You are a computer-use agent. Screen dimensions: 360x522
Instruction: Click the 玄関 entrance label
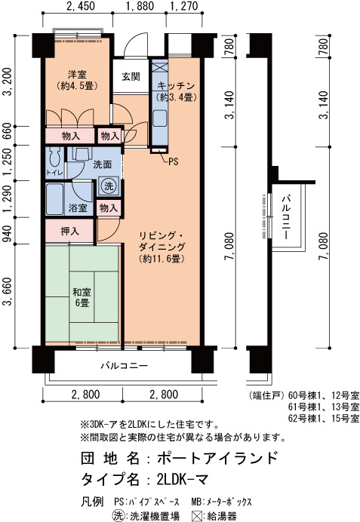(x=131, y=77)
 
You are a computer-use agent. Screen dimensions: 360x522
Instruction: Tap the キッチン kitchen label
(x=176, y=86)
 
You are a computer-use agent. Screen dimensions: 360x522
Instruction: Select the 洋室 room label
(x=77, y=74)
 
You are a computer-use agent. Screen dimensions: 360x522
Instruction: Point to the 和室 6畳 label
(x=82, y=298)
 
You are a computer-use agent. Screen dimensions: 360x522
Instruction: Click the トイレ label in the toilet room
(x=54, y=173)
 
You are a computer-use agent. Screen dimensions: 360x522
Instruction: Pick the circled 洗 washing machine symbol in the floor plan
(x=109, y=186)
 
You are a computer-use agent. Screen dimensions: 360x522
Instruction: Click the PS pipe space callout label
(x=173, y=161)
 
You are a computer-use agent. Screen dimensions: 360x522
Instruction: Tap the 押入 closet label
(x=69, y=231)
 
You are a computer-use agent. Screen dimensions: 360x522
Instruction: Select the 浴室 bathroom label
(x=78, y=208)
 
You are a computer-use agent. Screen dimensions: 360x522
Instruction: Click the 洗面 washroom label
(x=102, y=164)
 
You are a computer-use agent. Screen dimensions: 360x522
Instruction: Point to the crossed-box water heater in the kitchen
(x=159, y=66)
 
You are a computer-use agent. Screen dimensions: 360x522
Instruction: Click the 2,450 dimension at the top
(x=81, y=6)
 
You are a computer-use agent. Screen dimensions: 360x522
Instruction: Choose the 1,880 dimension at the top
(x=140, y=6)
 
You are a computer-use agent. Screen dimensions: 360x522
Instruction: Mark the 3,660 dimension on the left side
(x=8, y=292)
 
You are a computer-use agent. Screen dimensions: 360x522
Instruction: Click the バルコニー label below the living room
(x=125, y=366)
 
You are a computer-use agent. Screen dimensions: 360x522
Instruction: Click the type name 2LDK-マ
(x=182, y=480)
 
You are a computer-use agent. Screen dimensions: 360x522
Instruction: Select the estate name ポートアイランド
(x=217, y=458)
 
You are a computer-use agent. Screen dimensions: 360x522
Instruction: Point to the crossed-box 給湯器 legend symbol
(x=197, y=516)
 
